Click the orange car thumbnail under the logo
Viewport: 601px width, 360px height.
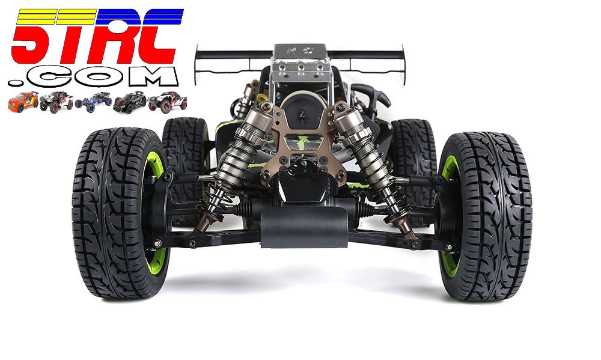[23, 102]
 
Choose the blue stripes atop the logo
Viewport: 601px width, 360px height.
[139, 17]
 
